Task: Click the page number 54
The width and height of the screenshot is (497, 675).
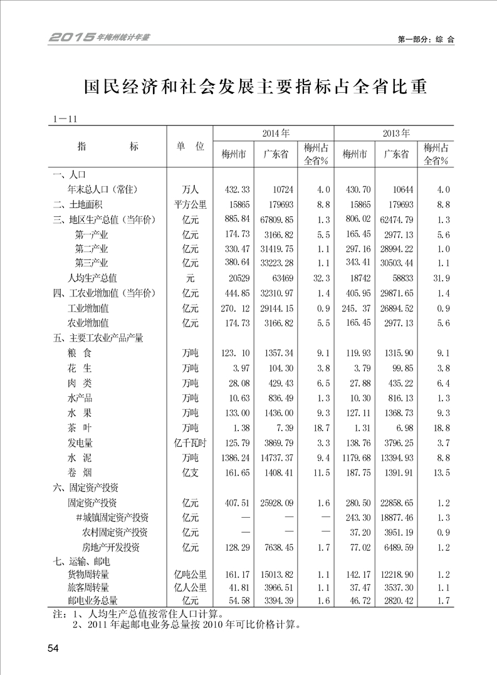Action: tap(52, 648)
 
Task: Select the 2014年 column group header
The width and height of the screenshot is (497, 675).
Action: tap(274, 133)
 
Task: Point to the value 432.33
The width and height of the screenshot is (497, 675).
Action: tap(237, 189)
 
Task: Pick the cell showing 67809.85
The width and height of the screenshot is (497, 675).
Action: tap(276, 219)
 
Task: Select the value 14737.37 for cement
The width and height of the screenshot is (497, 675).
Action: tap(276, 458)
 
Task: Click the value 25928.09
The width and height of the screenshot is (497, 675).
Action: tap(276, 503)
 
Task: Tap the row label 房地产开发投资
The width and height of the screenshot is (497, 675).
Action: tap(111, 547)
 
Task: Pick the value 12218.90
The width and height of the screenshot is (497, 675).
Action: tap(396, 574)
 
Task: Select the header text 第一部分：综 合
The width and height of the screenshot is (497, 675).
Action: tap(426, 39)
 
